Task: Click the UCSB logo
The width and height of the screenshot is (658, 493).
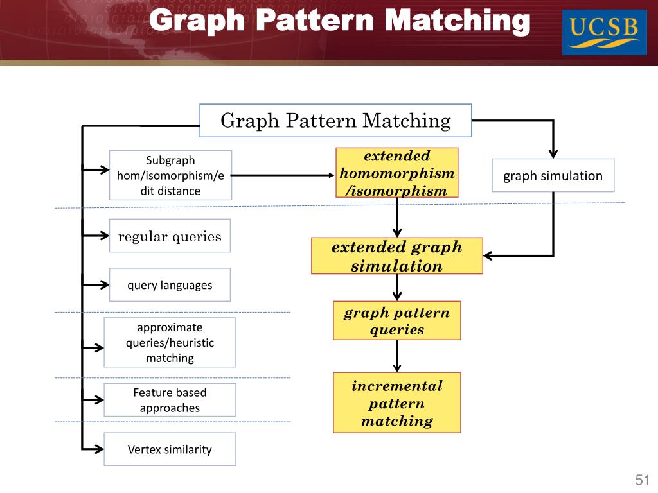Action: tap(604, 32)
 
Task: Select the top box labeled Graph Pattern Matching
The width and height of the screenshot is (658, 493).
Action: tap(335, 121)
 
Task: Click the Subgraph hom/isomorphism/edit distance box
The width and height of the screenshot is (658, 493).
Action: tap(170, 175)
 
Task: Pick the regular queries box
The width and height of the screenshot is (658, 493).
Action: tap(170, 236)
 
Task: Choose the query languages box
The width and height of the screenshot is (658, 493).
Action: tap(170, 285)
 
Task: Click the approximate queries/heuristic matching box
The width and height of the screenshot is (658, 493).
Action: tap(170, 342)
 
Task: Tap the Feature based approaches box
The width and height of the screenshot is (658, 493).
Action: tap(170, 400)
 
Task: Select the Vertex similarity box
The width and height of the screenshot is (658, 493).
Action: tap(170, 449)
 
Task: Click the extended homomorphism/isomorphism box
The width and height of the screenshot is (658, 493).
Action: tap(396, 173)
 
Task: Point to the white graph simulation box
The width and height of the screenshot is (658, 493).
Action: tap(553, 175)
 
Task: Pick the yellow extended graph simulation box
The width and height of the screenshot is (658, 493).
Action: tap(396, 256)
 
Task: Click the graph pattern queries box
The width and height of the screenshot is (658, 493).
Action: tap(396, 321)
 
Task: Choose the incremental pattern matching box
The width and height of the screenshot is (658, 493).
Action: tap(396, 403)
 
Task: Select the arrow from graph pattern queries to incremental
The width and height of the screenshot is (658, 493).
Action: tap(397, 355)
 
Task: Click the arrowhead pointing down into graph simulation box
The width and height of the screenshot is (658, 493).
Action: tap(552, 152)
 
